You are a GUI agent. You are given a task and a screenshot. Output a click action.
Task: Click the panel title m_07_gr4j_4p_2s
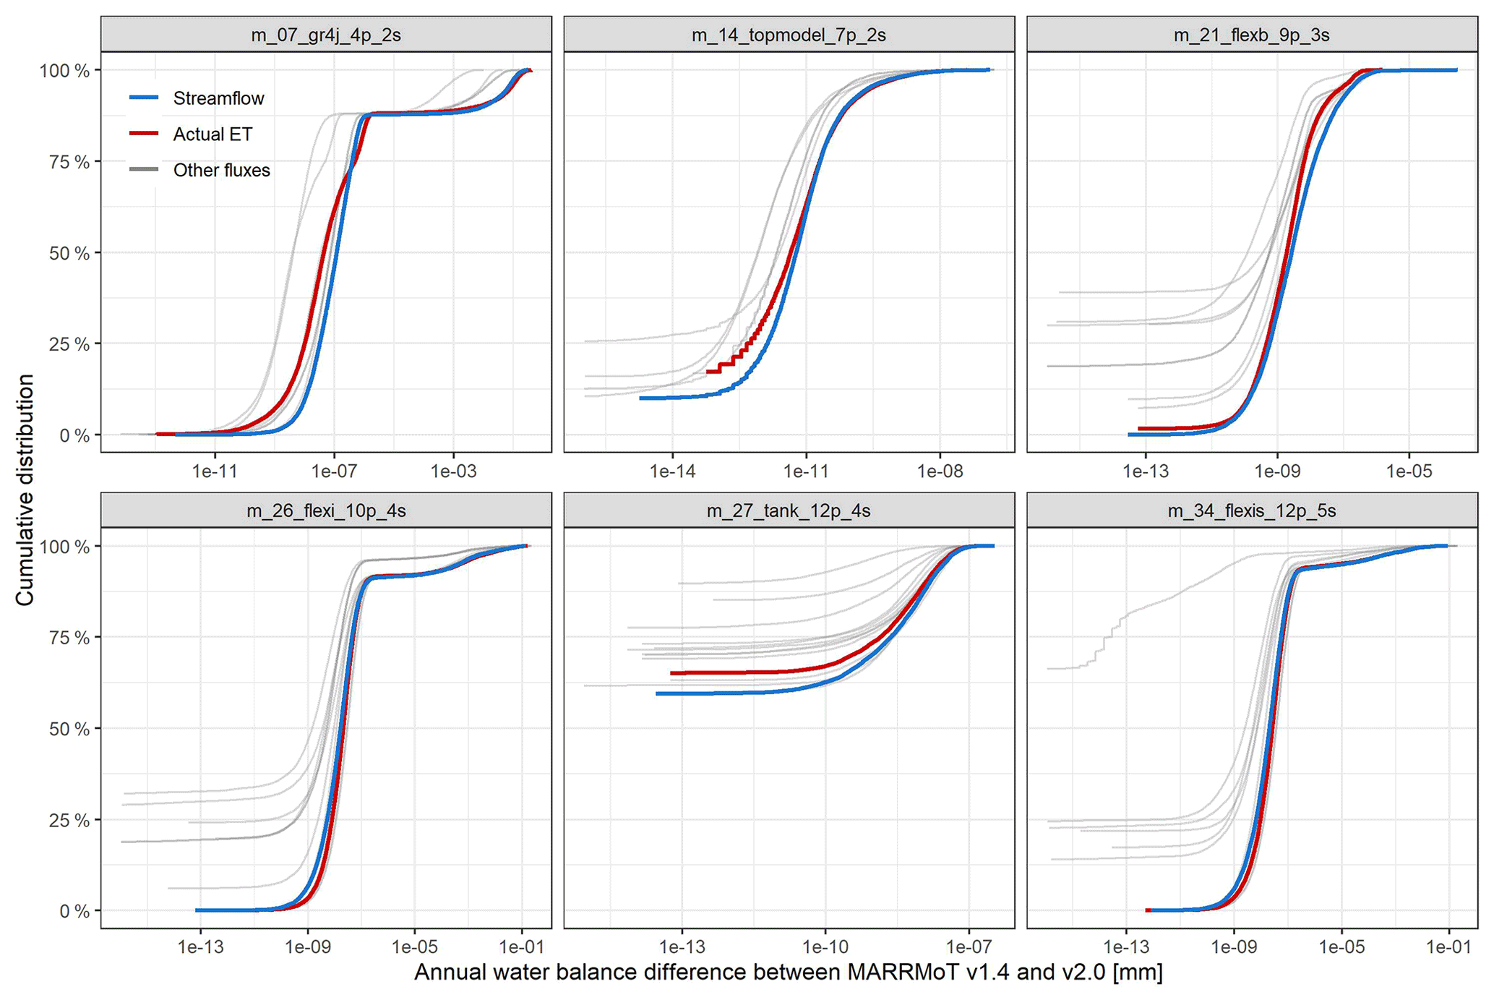coord(325,35)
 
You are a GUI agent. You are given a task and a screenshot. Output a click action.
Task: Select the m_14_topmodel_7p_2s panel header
coord(789,35)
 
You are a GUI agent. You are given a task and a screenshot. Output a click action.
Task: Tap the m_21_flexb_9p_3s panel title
coord(1251,35)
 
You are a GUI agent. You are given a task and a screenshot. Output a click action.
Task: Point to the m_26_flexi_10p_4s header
coord(325,511)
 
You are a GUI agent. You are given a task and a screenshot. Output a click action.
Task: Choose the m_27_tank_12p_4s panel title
coord(789,511)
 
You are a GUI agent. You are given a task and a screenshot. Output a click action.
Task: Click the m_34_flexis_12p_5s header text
coord(1251,511)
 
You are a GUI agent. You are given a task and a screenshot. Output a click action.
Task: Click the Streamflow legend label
coord(218,98)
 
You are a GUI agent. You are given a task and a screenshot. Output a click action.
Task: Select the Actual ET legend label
coord(212,134)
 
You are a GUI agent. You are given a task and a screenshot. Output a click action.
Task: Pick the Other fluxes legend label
coord(221,171)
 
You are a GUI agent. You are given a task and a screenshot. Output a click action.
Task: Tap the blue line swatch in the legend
coord(144,98)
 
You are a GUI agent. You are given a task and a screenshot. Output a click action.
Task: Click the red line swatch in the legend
coord(144,134)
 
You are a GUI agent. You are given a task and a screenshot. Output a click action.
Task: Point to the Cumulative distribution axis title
coord(25,490)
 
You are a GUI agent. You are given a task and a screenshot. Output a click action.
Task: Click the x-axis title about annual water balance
coord(789,973)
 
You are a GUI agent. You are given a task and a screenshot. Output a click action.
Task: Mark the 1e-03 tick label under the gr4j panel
coord(453,472)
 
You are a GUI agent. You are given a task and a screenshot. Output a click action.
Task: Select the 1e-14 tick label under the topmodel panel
coord(673,472)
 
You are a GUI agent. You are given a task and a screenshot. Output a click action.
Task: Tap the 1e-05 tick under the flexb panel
coord(1409,472)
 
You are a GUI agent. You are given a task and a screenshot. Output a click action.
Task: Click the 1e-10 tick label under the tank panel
coord(825,947)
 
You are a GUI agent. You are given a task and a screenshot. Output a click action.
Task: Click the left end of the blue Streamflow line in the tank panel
coord(658,694)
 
